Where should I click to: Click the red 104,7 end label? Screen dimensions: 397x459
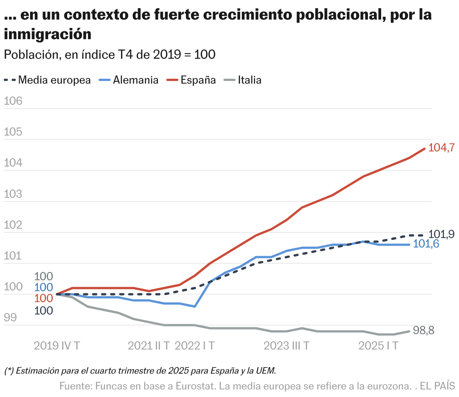pyautogui.click(x=441, y=148)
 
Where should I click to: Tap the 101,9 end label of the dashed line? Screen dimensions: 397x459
pyautogui.click(x=441, y=234)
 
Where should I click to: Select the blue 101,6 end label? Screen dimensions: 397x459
pyautogui.click(x=426, y=244)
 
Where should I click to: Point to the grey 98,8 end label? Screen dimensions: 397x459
pyautogui.click(x=424, y=330)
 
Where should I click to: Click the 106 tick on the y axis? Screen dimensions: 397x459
pyautogui.click(x=13, y=101)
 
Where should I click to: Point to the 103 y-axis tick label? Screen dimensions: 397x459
pyautogui.click(x=13, y=194)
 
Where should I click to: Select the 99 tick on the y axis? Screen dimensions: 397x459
pyautogui.click(x=11, y=318)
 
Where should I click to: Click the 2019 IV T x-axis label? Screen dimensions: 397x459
pyautogui.click(x=57, y=346)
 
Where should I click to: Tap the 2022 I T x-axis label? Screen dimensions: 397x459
pyautogui.click(x=195, y=346)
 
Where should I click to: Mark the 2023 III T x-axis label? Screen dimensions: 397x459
pyautogui.click(x=286, y=346)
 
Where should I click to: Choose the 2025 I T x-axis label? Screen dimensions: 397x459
pyautogui.click(x=378, y=346)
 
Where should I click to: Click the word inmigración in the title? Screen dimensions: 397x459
pyautogui.click(x=48, y=34)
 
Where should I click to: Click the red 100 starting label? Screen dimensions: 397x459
pyautogui.click(x=44, y=298)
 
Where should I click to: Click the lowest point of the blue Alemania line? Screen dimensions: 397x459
pyautogui.click(x=195, y=307)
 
